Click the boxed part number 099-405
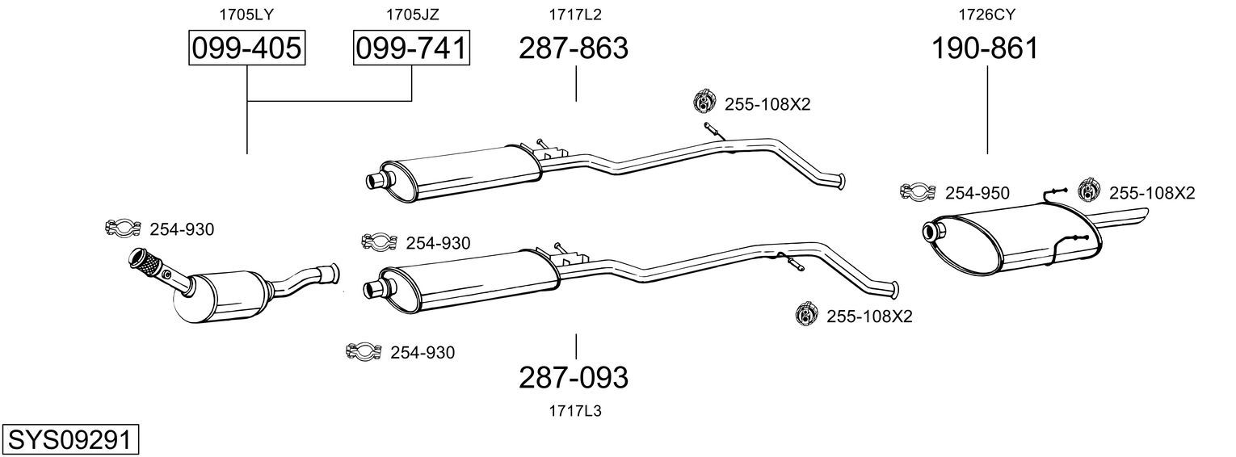[x=246, y=48]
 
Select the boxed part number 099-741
[x=411, y=48]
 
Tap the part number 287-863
[x=574, y=48]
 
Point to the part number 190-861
[x=985, y=48]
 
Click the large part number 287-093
[x=574, y=378]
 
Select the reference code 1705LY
[x=246, y=15]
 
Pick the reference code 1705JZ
[x=412, y=15]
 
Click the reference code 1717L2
[x=574, y=15]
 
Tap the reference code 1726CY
[x=986, y=15]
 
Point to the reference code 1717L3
[x=574, y=411]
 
